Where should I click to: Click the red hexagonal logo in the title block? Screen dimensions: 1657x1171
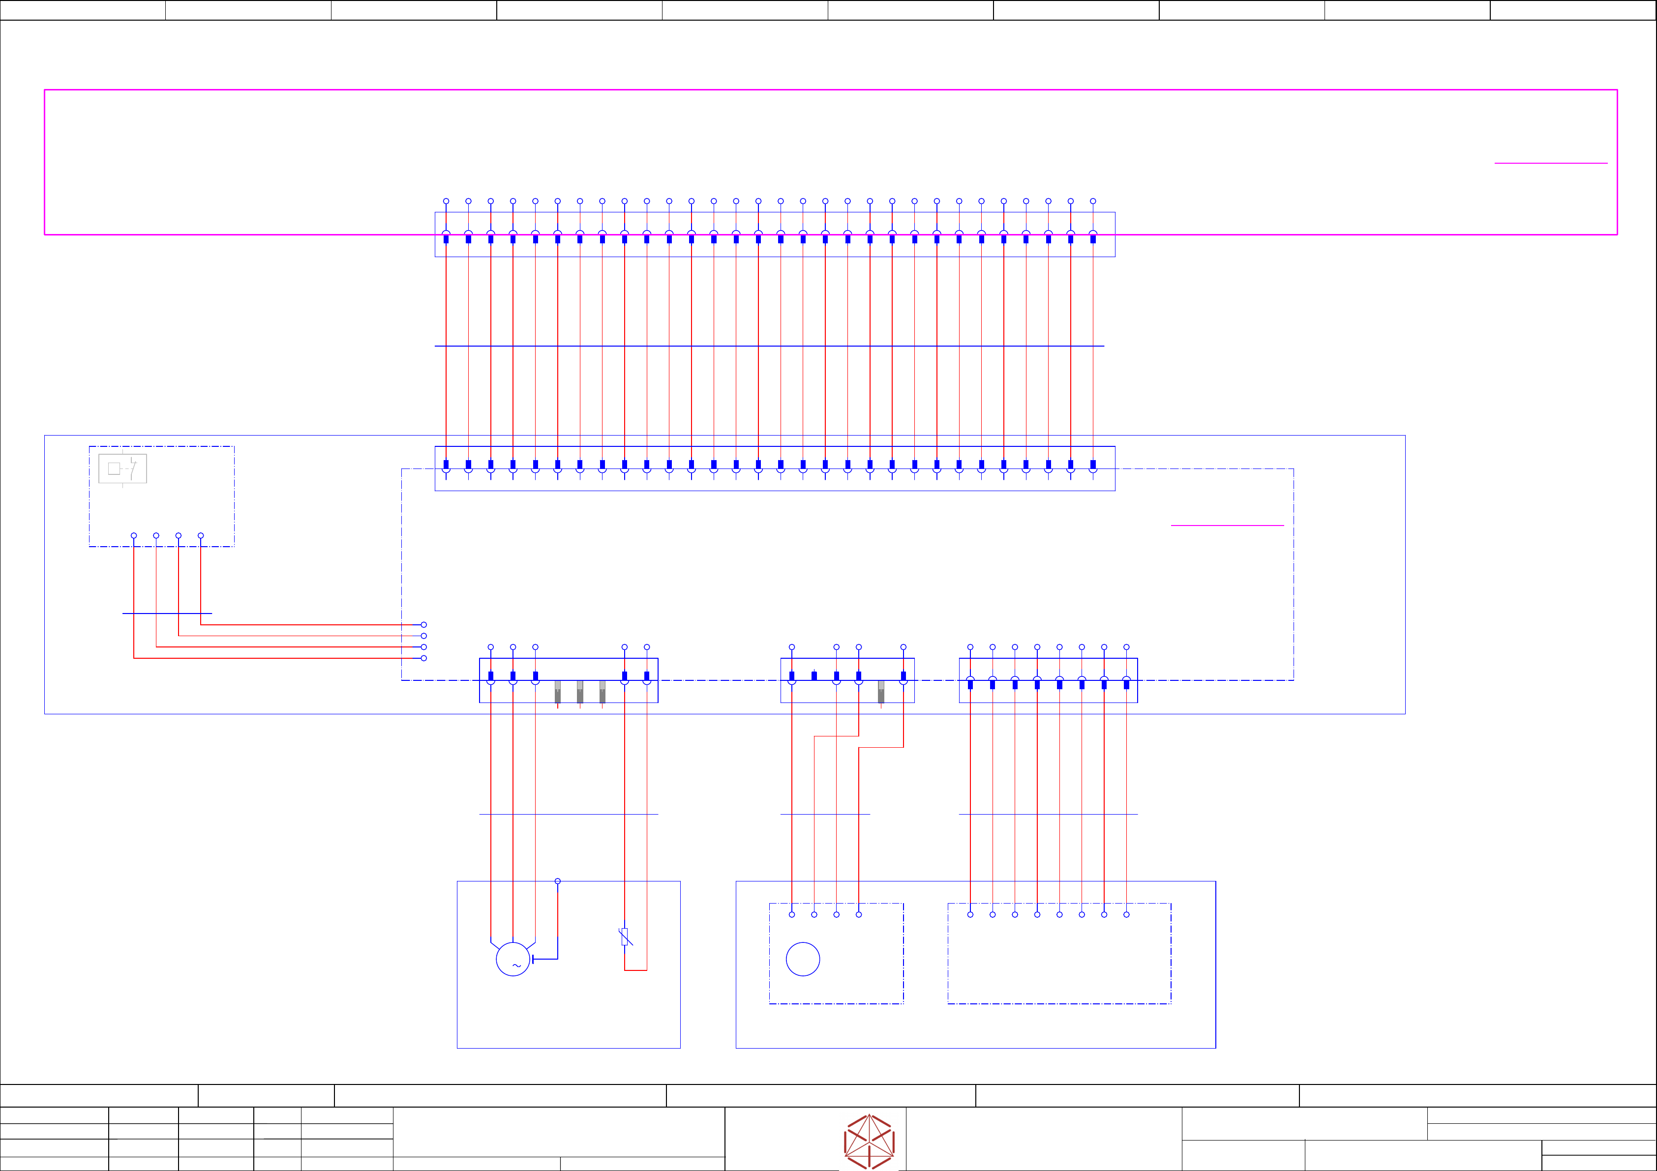coord(869,1142)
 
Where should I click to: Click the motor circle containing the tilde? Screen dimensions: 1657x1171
coord(513,959)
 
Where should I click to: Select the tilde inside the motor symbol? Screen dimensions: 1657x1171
coord(516,966)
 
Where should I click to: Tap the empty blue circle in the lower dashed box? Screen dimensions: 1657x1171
coord(803,959)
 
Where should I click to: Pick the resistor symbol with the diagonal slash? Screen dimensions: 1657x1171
coord(625,937)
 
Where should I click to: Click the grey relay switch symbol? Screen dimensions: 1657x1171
coord(122,469)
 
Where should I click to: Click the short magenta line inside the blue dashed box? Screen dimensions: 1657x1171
coord(1227,525)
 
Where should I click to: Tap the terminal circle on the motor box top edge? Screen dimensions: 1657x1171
coord(557,881)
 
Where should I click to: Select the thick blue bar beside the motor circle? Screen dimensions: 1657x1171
coord(533,959)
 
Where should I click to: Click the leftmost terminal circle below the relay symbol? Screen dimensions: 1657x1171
coord(133,535)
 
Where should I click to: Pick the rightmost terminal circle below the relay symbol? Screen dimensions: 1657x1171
coord(201,535)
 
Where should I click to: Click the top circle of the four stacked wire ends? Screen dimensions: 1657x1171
coord(423,625)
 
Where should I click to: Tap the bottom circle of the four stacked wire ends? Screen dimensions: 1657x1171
coord(423,658)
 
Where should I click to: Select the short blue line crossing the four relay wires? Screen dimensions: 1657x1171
coord(167,614)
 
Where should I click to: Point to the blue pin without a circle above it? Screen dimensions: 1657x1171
coord(814,675)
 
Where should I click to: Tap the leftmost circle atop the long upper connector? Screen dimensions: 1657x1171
coord(446,201)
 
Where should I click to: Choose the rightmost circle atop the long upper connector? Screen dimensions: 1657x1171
coord(1093,201)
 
